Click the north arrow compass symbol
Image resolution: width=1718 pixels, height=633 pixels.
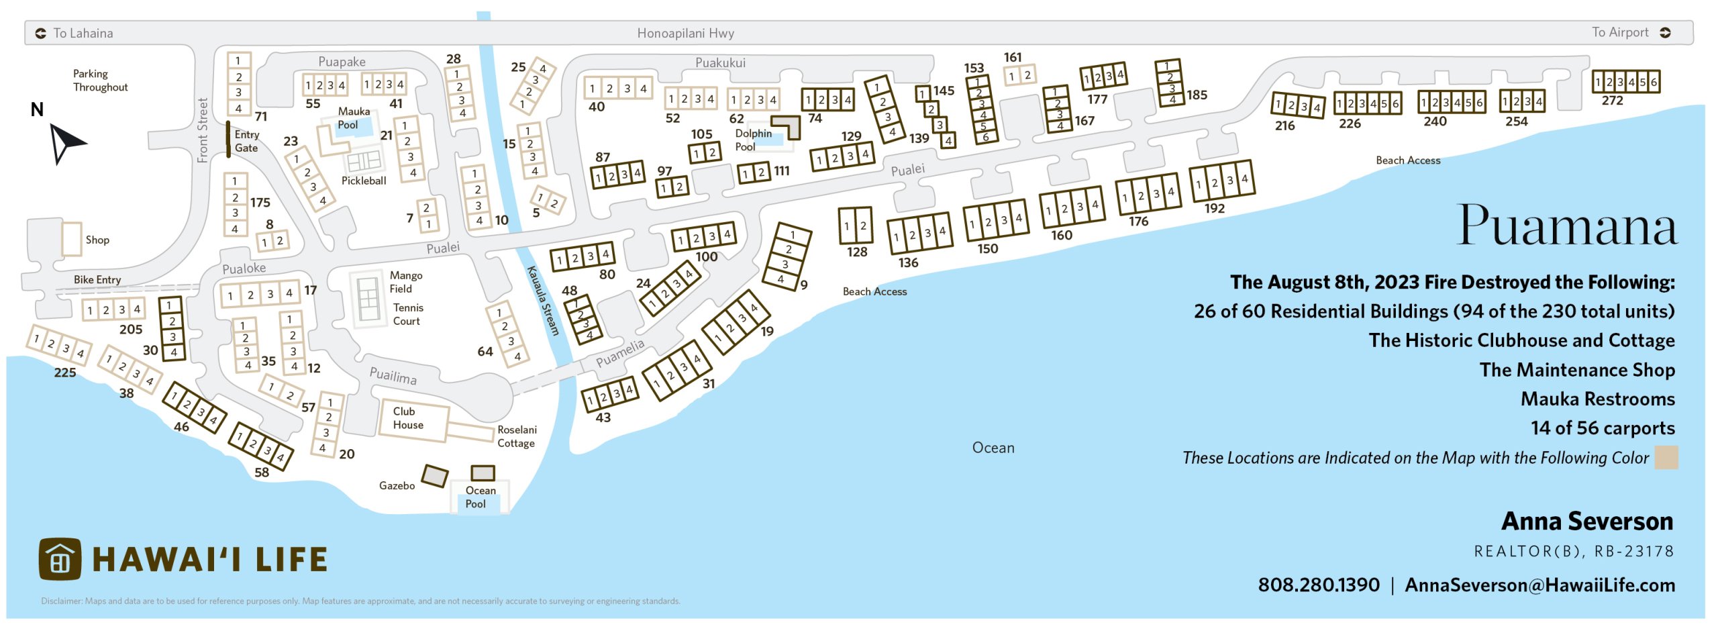pos(66,143)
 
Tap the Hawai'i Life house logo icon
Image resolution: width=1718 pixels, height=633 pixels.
pos(60,559)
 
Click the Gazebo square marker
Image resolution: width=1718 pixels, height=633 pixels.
pos(434,476)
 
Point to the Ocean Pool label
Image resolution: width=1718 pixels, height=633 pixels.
pos(480,497)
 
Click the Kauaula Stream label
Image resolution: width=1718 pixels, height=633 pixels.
pos(542,300)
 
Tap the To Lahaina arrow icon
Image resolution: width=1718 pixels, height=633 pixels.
pos(41,33)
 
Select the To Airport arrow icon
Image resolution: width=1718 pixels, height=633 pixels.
pos(1665,33)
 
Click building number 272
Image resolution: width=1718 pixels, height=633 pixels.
pos(1612,101)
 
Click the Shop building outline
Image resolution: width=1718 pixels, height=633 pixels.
pos(71,239)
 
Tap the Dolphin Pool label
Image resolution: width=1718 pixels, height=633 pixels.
pos(753,140)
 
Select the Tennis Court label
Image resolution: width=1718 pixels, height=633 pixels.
pos(407,314)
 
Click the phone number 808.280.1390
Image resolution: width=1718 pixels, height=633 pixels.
pos(1318,585)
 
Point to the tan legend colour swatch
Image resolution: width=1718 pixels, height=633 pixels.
pos(1666,458)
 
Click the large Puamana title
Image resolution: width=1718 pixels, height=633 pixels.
pos(1567,226)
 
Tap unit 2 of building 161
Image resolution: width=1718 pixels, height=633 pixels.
pos(1027,75)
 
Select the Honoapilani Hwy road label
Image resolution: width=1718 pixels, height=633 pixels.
pos(685,33)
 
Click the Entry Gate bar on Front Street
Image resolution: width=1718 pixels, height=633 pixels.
pos(228,140)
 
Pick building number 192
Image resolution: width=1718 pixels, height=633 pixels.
pos(1214,208)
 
